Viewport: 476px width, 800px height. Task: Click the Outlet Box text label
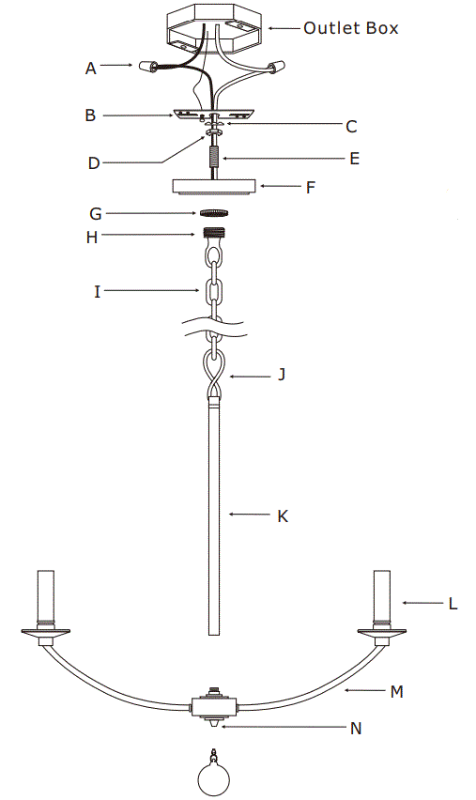click(350, 28)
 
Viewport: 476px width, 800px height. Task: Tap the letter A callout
click(91, 68)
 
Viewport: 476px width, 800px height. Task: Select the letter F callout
click(311, 187)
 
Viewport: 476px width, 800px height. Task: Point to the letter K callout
click(283, 515)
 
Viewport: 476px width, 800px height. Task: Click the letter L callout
click(453, 604)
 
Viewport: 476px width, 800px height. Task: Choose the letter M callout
click(396, 692)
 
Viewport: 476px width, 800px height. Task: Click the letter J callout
click(281, 376)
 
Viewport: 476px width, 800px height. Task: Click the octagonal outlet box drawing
click(214, 28)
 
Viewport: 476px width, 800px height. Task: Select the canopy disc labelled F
click(214, 185)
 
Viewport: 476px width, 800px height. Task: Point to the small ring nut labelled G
click(215, 214)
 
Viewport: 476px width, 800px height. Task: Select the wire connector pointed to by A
click(148, 68)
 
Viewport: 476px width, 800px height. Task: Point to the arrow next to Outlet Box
click(282, 28)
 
